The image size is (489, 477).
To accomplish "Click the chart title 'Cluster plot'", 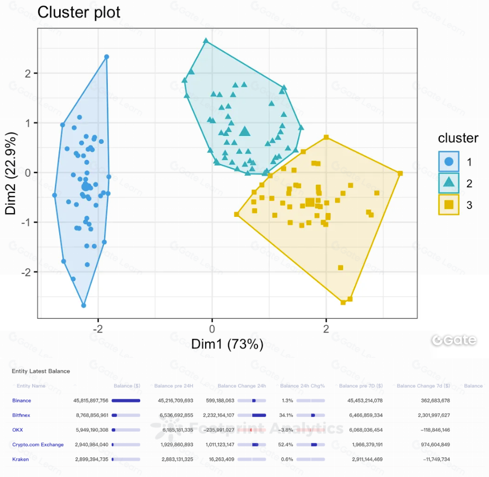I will click(x=79, y=12).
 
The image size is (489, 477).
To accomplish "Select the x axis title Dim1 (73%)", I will click(x=227, y=345).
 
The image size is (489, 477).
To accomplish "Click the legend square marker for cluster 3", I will click(x=448, y=204).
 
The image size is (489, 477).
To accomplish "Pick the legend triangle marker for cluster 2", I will click(x=448, y=182).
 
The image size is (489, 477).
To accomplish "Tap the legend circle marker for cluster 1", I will click(x=448, y=161).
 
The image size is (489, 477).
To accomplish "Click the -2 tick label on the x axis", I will click(x=97, y=329).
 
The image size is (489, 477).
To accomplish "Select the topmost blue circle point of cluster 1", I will click(x=106, y=57).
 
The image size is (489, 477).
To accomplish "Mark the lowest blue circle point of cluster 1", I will click(x=84, y=305).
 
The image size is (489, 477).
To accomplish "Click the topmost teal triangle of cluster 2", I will click(x=206, y=41).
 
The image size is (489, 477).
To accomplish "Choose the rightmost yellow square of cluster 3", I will click(x=400, y=173).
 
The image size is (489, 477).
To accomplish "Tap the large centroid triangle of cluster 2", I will click(x=244, y=131).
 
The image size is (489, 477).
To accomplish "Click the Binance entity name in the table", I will click(x=22, y=401).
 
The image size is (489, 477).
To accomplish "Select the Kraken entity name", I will click(x=21, y=459).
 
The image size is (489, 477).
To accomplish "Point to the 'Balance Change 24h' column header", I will click(x=242, y=386).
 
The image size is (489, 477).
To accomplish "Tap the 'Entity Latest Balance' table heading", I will click(x=41, y=371).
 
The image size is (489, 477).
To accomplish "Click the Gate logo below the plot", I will click(x=454, y=341).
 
